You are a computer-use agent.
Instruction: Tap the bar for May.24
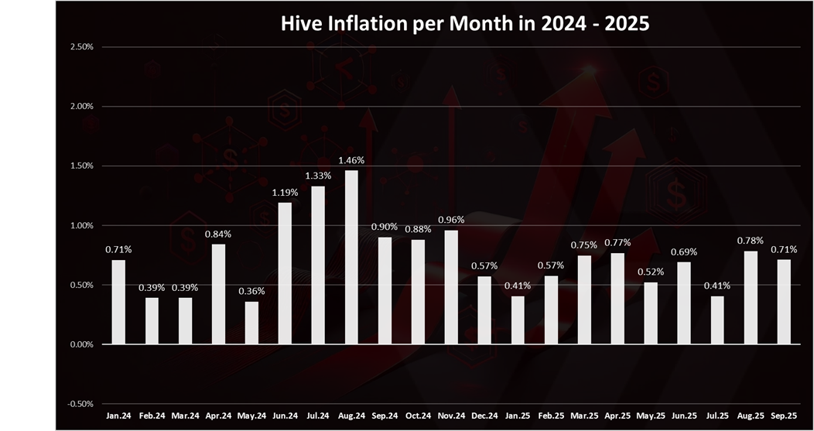(x=251, y=323)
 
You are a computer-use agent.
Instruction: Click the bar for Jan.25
(x=518, y=320)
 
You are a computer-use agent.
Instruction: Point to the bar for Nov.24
(x=451, y=287)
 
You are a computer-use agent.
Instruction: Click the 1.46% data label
(x=351, y=160)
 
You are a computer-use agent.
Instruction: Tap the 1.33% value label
(x=318, y=176)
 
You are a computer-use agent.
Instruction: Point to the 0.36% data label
(x=251, y=292)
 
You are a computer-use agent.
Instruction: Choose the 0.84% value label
(x=218, y=234)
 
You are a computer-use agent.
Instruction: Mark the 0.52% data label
(x=651, y=272)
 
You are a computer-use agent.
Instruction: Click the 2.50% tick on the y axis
(x=81, y=46)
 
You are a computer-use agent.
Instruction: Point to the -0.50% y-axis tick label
(x=80, y=404)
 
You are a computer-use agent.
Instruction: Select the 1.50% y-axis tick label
(x=81, y=166)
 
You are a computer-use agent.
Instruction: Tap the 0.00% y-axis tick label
(x=81, y=344)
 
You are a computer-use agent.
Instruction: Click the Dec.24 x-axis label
(x=484, y=416)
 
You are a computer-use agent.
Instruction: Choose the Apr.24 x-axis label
(x=218, y=416)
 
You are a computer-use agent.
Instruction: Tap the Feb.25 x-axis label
(x=551, y=416)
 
